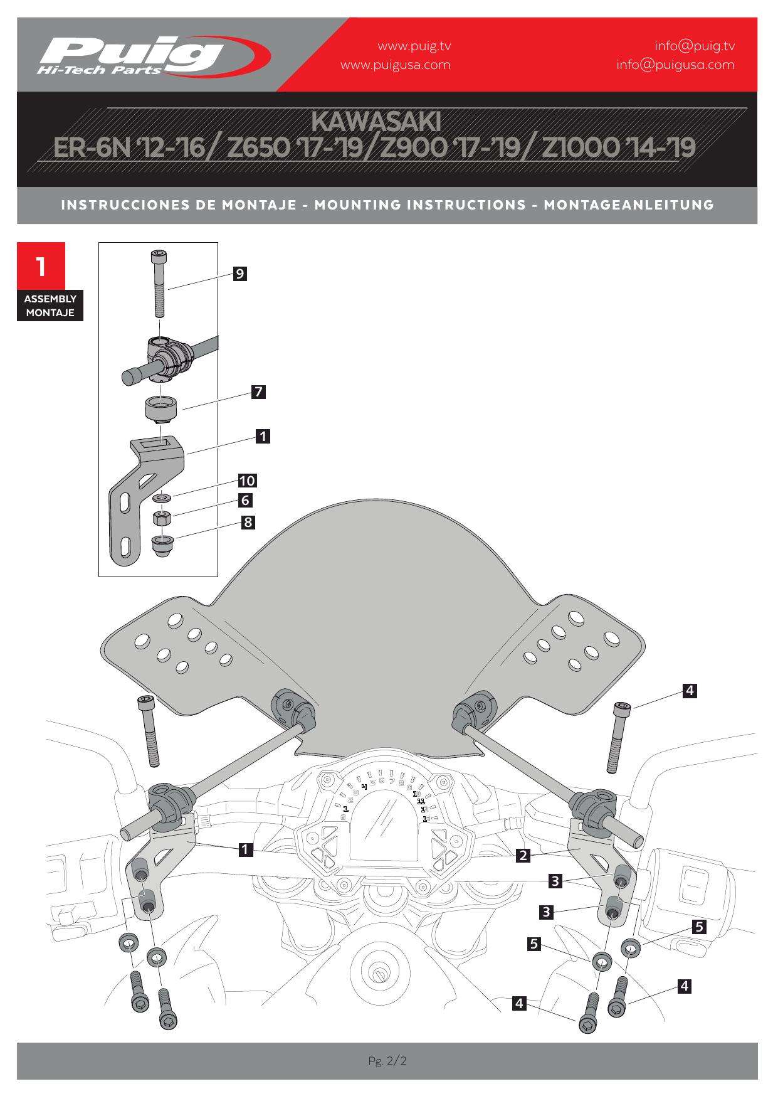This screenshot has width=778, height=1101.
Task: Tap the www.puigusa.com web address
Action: click(x=395, y=65)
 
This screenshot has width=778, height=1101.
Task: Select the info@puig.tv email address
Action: click(x=694, y=46)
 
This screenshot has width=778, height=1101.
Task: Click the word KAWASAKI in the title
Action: click(x=376, y=121)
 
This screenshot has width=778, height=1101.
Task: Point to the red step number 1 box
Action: click(x=41, y=266)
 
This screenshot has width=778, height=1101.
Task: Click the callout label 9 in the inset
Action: click(x=239, y=274)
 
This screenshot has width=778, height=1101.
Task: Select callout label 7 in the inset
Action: click(x=258, y=393)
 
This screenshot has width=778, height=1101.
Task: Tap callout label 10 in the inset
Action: click(x=247, y=481)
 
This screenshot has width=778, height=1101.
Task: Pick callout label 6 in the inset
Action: click(x=246, y=501)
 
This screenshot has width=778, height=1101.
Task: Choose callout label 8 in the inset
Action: click(x=248, y=522)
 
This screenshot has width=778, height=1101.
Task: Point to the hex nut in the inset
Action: click(x=163, y=518)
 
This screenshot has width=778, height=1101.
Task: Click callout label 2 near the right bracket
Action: click(x=523, y=855)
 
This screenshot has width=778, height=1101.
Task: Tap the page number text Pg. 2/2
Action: click(x=387, y=1061)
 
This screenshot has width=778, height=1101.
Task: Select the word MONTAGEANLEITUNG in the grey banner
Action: click(x=629, y=205)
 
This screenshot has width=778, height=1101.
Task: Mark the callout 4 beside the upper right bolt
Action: click(x=689, y=691)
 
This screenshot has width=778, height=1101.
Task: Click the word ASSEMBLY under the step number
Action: click(x=50, y=299)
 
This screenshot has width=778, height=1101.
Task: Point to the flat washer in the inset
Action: click(x=163, y=498)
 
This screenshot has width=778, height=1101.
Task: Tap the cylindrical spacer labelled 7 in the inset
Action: click(x=162, y=410)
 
